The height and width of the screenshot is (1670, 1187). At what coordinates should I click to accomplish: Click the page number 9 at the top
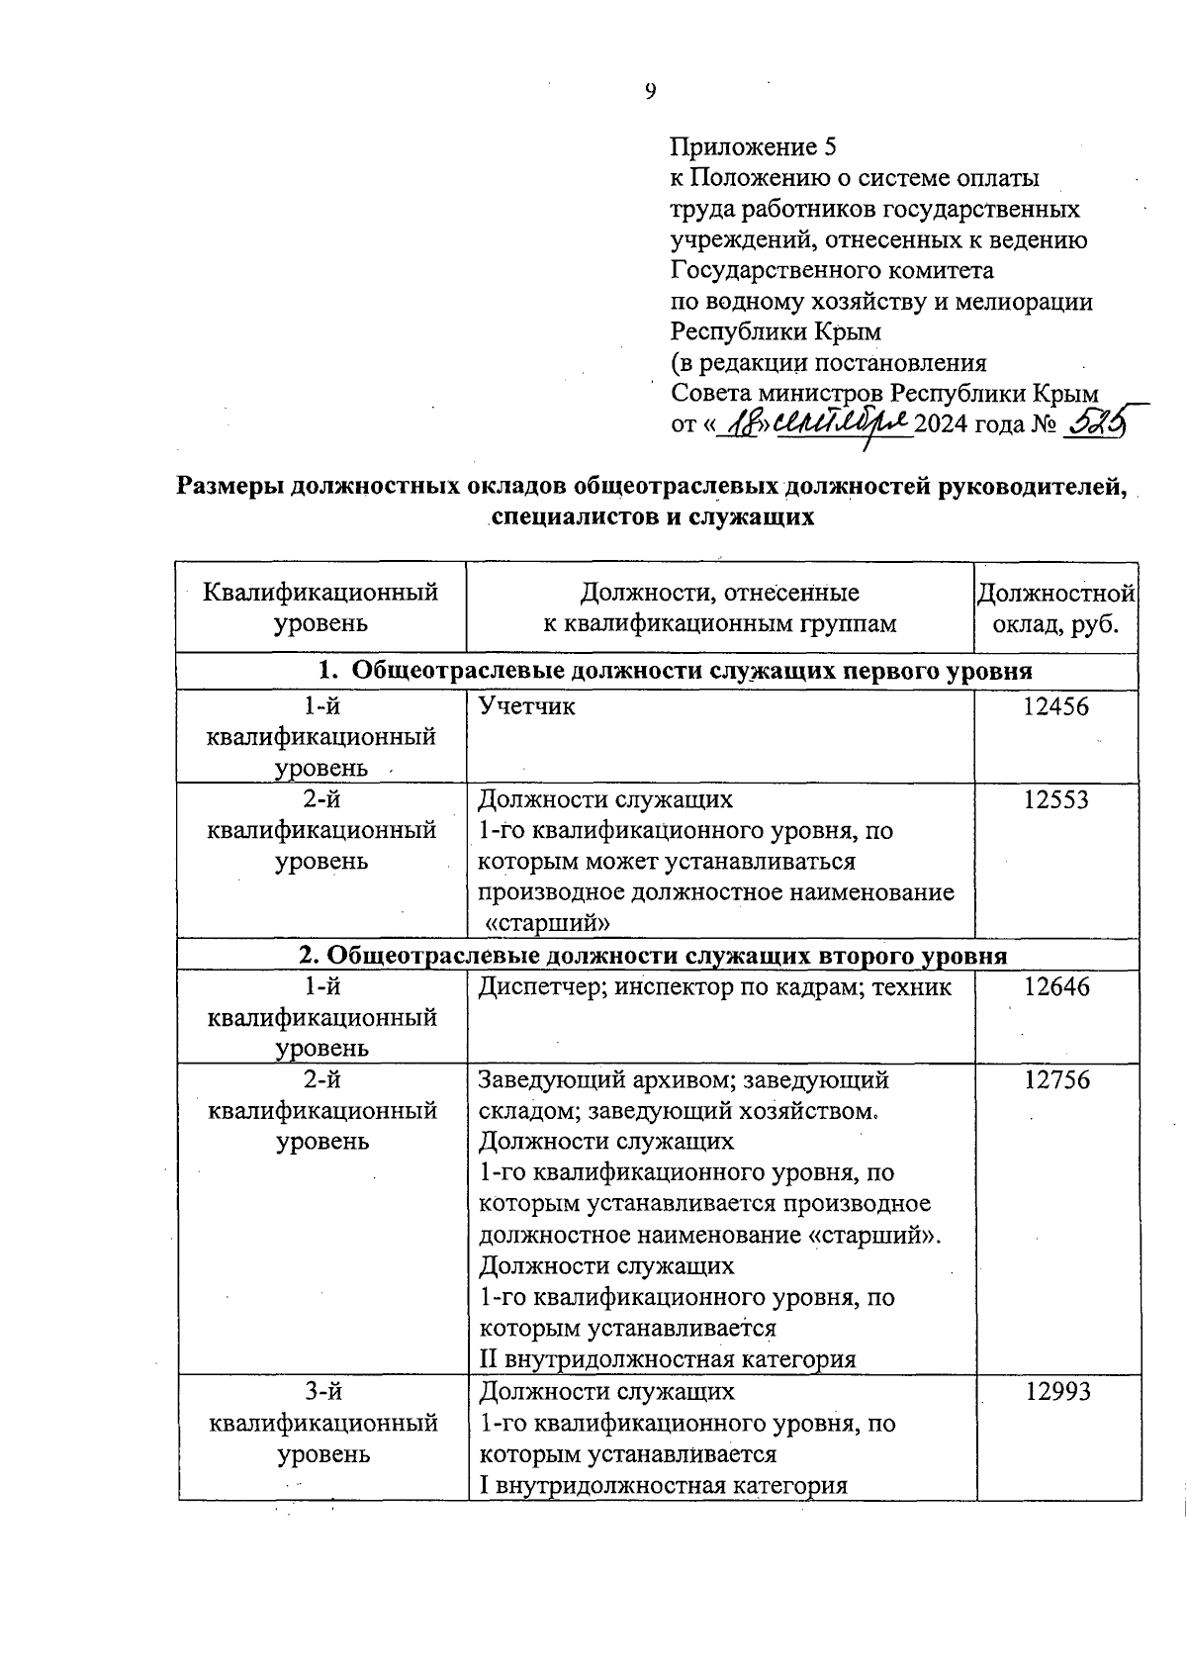click(x=650, y=92)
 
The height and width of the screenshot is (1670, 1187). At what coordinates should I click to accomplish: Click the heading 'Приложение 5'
click(x=753, y=147)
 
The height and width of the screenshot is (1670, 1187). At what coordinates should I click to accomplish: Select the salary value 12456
click(x=1055, y=706)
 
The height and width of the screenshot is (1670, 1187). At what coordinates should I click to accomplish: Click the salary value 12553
click(x=1055, y=799)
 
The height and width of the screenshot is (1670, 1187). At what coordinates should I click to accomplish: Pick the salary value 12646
click(x=1056, y=986)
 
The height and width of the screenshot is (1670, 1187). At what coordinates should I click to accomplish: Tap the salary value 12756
click(x=1056, y=1079)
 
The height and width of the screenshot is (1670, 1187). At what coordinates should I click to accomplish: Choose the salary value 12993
click(x=1056, y=1391)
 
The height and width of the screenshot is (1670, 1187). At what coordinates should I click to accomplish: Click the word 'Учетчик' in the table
click(x=526, y=706)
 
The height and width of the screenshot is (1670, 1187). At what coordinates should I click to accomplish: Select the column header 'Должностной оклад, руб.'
click(x=1055, y=608)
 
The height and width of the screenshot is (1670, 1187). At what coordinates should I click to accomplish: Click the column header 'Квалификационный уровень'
click(x=320, y=608)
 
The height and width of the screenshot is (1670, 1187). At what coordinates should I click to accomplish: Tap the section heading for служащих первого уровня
click(x=675, y=671)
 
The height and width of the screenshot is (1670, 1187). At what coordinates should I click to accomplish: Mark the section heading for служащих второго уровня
click(x=653, y=956)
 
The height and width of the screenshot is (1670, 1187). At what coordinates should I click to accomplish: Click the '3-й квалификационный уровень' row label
click(x=323, y=1423)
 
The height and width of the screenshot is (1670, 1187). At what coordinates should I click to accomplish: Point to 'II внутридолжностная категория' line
click(x=667, y=1359)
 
